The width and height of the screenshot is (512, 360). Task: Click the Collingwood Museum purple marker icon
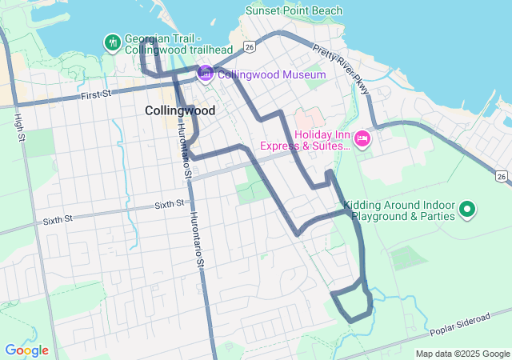(206, 74)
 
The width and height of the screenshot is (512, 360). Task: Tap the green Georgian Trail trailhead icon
(111, 41)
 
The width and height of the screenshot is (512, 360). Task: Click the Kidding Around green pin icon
(467, 210)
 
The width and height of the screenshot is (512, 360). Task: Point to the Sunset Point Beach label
(294, 11)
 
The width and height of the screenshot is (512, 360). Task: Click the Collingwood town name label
(180, 110)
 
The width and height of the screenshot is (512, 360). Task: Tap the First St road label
(96, 95)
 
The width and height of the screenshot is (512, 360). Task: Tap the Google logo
(26, 350)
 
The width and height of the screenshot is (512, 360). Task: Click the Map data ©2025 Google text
(462, 354)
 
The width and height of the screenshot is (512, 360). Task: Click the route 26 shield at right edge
(501, 176)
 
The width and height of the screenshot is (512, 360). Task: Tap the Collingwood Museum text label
(271, 75)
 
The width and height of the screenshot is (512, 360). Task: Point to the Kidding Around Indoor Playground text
(399, 210)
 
